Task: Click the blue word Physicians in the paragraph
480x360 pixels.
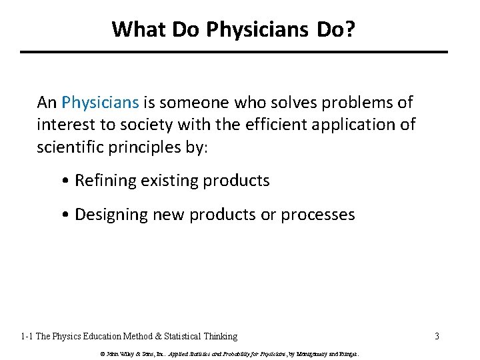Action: [x=100, y=103]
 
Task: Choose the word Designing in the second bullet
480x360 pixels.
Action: [x=113, y=215]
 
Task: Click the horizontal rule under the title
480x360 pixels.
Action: [x=234, y=52]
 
